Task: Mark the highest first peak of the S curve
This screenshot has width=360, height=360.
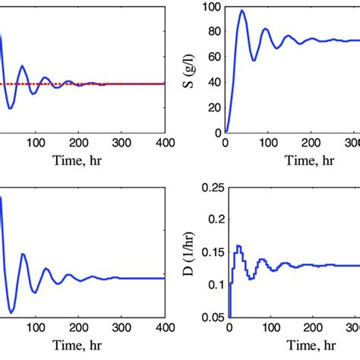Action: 242,11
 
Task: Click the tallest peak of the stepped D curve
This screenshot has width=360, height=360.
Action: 238,245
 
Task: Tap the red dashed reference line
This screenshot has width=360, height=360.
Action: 114,84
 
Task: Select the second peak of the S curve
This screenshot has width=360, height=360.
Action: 265,29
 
